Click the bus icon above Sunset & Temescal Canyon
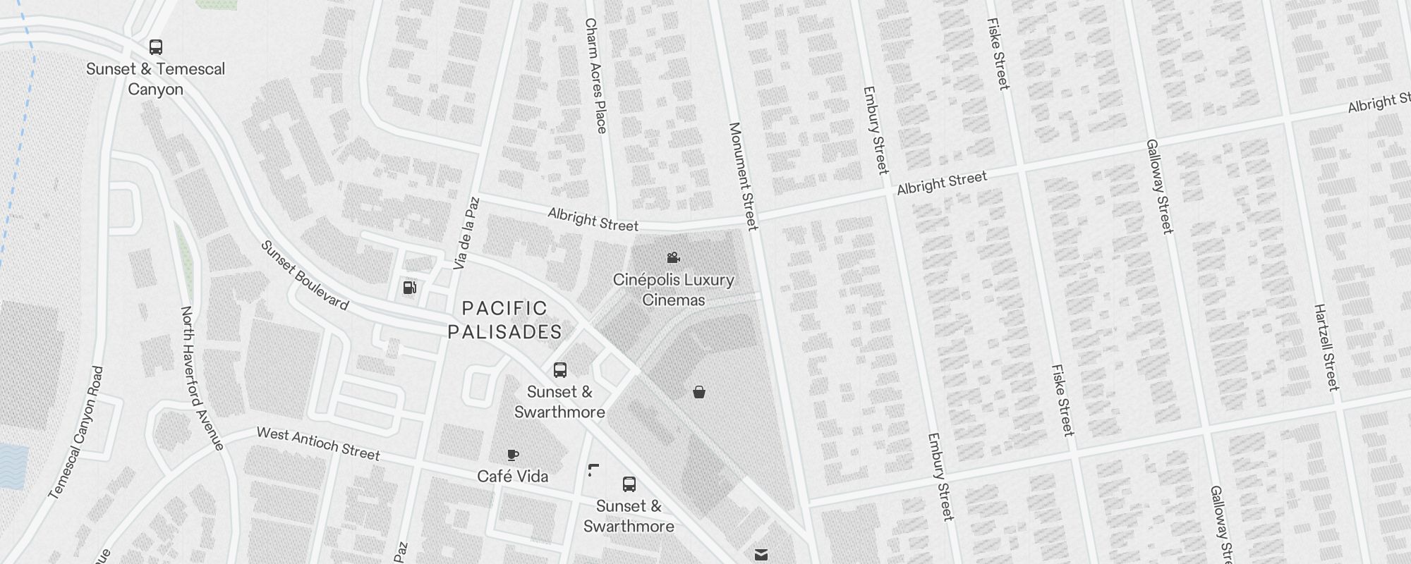pyautogui.click(x=156, y=47)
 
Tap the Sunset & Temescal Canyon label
pyautogui.click(x=155, y=79)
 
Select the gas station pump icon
pyautogui.click(x=409, y=287)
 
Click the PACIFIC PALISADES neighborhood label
pyautogui.click(x=505, y=320)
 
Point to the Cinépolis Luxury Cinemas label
pyautogui.click(x=673, y=290)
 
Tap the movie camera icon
pyautogui.click(x=673, y=258)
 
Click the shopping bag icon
pyautogui.click(x=698, y=392)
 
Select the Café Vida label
pyautogui.click(x=512, y=477)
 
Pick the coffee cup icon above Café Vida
pyautogui.click(x=513, y=455)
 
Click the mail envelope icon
pyautogui.click(x=761, y=555)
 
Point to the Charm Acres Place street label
pyautogui.click(x=595, y=76)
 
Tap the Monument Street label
pyautogui.click(x=743, y=176)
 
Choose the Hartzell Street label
pyautogui.click(x=1326, y=347)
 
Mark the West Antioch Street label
pyautogui.click(x=318, y=443)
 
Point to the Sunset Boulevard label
pyautogui.click(x=305, y=276)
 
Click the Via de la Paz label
pyautogui.click(x=466, y=233)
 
